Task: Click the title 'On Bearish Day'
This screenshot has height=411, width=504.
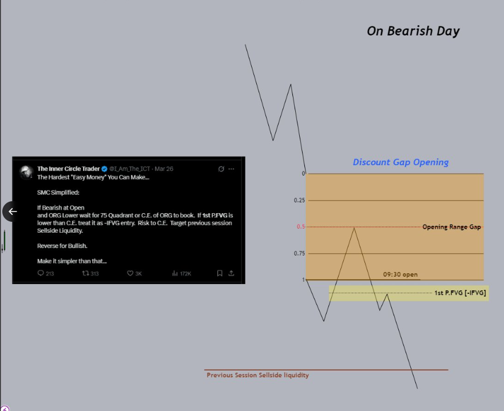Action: pyautogui.click(x=413, y=31)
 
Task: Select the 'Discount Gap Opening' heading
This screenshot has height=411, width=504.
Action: pyautogui.click(x=400, y=162)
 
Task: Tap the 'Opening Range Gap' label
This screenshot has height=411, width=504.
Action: pyautogui.click(x=451, y=227)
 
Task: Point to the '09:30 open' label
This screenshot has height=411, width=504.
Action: pyautogui.click(x=400, y=274)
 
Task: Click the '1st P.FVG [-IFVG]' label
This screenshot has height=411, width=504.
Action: pyautogui.click(x=460, y=293)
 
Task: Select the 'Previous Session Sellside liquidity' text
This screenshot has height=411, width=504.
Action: pyautogui.click(x=257, y=375)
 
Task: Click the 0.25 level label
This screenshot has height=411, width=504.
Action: pyautogui.click(x=299, y=201)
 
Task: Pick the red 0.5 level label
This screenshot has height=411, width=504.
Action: pyautogui.click(x=300, y=227)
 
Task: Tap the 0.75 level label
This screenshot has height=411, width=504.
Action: pyautogui.click(x=299, y=253)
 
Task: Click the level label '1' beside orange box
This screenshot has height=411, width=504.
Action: pyautogui.click(x=303, y=280)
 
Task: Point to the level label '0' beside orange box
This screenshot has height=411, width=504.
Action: pyautogui.click(x=303, y=173)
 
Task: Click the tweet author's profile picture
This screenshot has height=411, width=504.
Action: pyautogui.click(x=26, y=172)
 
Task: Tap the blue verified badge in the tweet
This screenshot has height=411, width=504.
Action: pyautogui.click(x=104, y=169)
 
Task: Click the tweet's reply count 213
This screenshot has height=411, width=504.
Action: pyautogui.click(x=46, y=274)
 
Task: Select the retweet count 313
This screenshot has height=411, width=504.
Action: pyautogui.click(x=90, y=274)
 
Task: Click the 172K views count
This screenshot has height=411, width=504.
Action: pyautogui.click(x=182, y=274)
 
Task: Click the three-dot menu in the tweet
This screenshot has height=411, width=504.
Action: pyautogui.click(x=231, y=169)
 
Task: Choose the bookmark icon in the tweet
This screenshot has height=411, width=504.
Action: pyautogui.click(x=219, y=274)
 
